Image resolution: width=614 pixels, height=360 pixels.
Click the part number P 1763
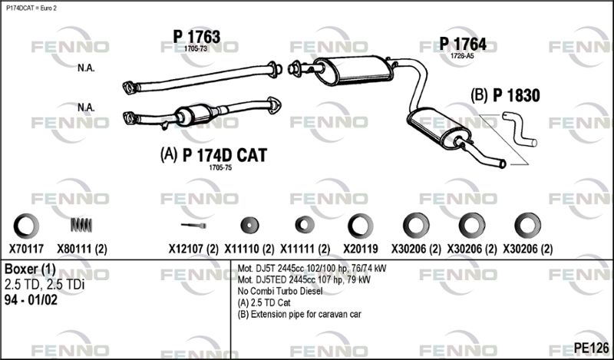(196, 37)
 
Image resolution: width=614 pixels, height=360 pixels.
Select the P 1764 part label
(463, 44)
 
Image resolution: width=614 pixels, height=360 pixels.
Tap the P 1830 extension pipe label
(516, 96)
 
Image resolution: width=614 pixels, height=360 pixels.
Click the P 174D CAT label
(225, 155)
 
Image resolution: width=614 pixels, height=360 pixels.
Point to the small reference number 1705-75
(220, 167)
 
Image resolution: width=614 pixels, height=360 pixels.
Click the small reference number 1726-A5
(462, 55)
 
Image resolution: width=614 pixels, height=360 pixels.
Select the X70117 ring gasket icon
(26, 226)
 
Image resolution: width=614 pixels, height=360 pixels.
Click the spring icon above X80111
(81, 225)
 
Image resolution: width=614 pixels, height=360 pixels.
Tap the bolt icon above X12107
(193, 225)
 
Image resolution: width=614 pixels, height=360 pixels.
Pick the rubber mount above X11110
(249, 225)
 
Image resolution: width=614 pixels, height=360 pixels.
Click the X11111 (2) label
(305, 249)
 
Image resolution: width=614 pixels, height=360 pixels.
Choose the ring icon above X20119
(361, 226)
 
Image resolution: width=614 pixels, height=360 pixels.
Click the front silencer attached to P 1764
(354, 70)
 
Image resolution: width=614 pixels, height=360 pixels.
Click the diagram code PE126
(591, 347)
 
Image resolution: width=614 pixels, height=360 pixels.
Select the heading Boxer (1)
(30, 269)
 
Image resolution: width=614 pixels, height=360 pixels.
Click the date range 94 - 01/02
(31, 300)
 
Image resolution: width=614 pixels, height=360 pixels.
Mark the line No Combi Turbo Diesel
(280, 291)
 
